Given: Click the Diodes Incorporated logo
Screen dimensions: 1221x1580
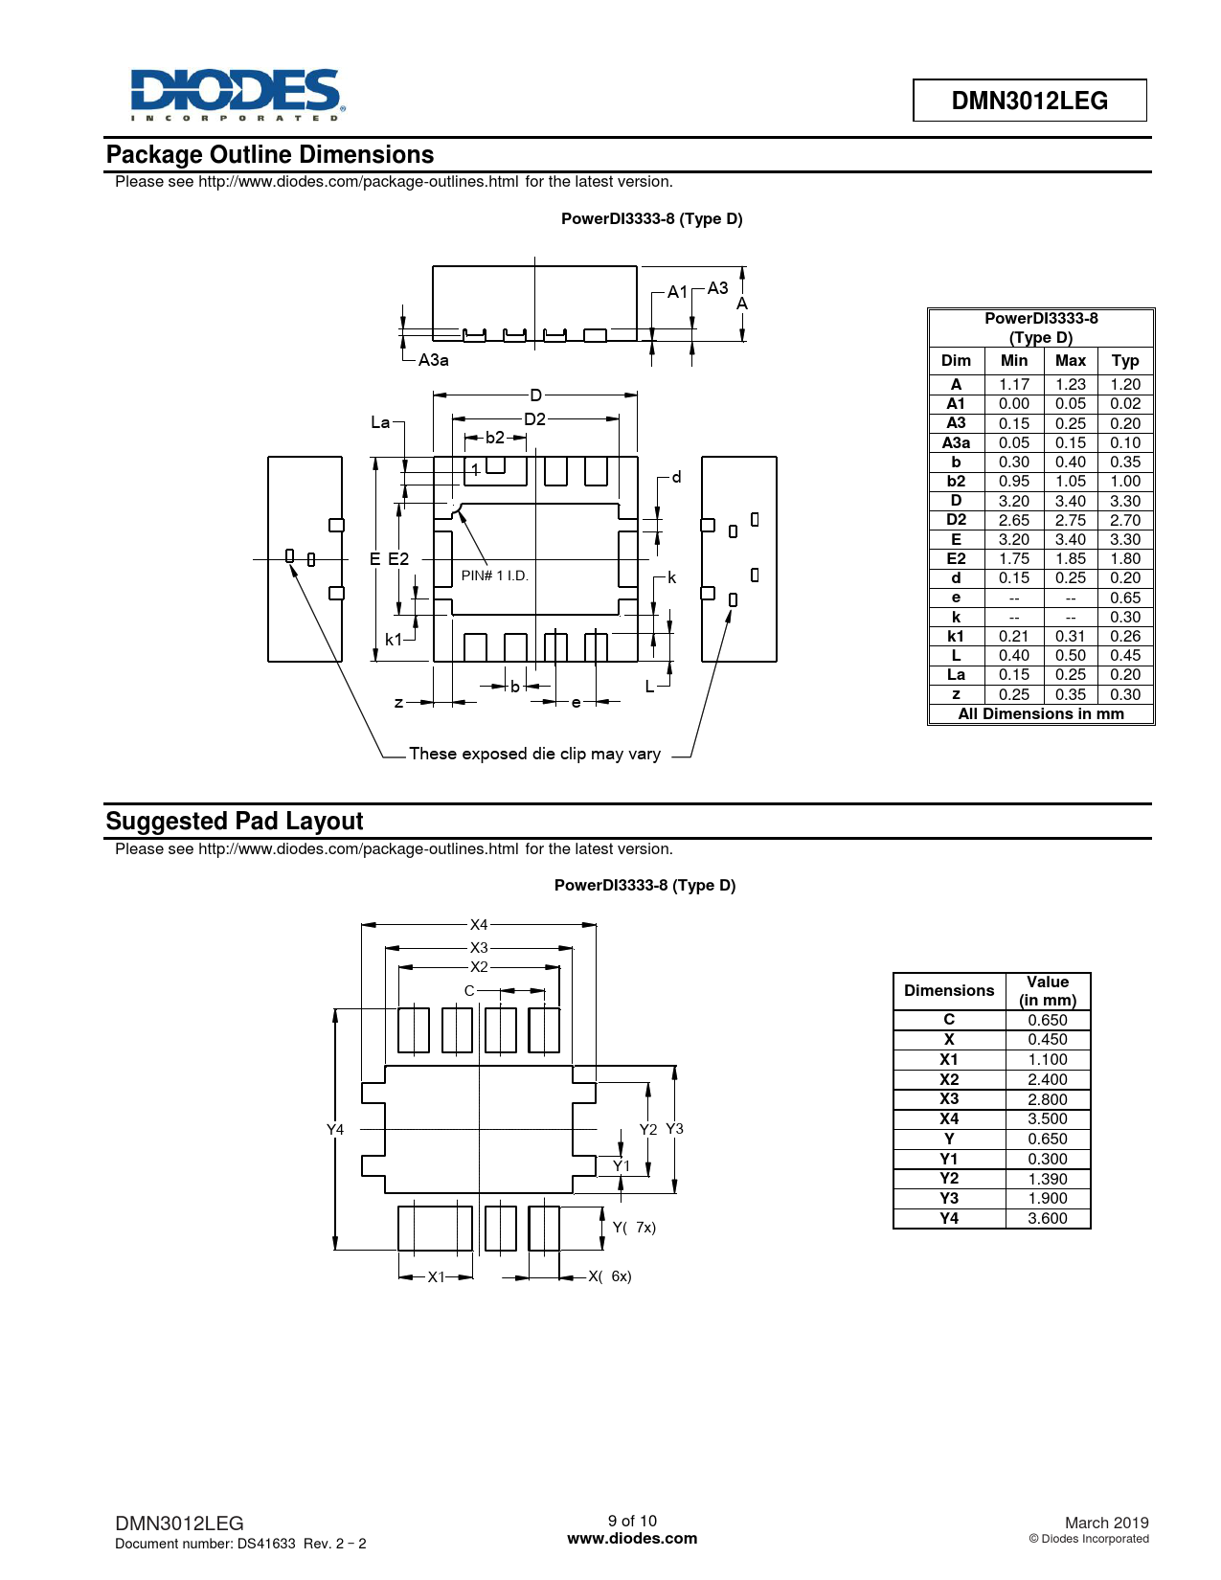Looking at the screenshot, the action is tap(237, 95).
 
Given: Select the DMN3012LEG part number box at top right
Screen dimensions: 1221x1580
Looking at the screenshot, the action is tap(1029, 101).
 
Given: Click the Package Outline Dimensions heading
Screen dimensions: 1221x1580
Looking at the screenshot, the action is tap(270, 154).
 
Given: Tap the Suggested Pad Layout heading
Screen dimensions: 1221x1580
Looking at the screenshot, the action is tap(235, 821).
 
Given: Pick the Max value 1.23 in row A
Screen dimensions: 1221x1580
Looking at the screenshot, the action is tap(1071, 384).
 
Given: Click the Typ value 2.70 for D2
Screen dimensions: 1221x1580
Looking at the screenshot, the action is tap(1125, 520).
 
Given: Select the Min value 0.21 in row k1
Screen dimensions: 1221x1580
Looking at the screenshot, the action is tap(1013, 636).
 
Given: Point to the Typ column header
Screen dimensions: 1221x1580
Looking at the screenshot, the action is tap(1125, 361).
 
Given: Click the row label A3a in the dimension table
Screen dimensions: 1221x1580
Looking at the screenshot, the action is tap(956, 442).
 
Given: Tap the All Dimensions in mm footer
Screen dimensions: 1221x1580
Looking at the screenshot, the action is tap(1041, 714).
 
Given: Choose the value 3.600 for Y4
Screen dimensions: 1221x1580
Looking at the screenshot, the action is tap(1048, 1219).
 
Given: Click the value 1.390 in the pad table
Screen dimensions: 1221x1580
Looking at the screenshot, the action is tap(1048, 1179).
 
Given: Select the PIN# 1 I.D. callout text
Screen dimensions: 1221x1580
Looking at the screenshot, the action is tap(494, 576).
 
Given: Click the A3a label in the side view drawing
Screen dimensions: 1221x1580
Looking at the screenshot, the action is tap(434, 360).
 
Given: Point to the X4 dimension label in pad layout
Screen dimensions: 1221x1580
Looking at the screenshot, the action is tap(479, 925).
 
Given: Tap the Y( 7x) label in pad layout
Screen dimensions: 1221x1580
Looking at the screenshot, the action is tap(633, 1228).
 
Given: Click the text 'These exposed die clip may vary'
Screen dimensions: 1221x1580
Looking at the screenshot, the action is tap(534, 754).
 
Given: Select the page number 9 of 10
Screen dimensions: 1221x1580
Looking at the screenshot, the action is tap(632, 1521).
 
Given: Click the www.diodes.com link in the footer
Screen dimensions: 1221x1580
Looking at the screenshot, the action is tap(632, 1539).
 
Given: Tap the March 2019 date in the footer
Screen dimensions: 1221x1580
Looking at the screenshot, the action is tap(1107, 1523).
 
